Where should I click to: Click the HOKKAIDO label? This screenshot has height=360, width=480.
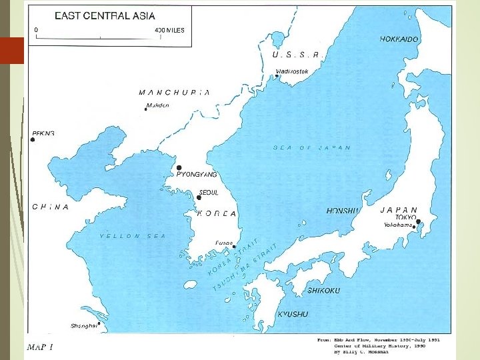click(x=399, y=39)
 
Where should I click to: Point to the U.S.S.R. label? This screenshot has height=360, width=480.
click(x=298, y=55)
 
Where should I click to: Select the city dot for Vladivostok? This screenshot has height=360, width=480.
click(x=277, y=76)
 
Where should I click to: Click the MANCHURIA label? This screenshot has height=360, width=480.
click(x=175, y=93)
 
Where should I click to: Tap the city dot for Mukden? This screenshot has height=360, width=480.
click(x=146, y=109)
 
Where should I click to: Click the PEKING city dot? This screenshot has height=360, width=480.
click(x=32, y=139)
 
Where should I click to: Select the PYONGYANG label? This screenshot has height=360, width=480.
click(x=197, y=174)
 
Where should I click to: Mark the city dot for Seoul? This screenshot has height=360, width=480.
click(x=199, y=197)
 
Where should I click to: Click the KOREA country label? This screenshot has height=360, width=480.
click(x=217, y=214)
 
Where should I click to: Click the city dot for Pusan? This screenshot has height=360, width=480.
click(x=234, y=246)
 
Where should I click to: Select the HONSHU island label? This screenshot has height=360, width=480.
click(x=343, y=211)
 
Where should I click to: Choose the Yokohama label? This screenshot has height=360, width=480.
click(x=398, y=225)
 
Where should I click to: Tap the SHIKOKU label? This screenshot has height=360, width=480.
click(x=323, y=291)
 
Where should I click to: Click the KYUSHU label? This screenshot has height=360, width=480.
click(x=293, y=313)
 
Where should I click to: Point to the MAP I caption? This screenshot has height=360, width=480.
click(x=39, y=347)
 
